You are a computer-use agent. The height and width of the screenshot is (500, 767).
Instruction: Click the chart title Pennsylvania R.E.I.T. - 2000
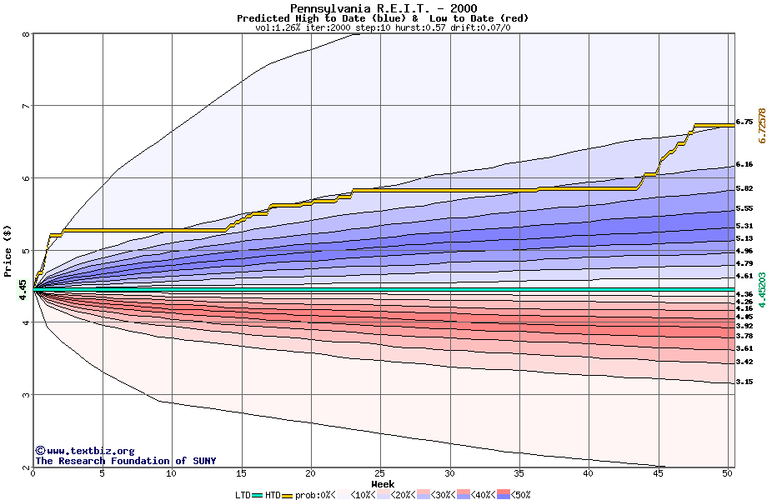(x=383, y=8)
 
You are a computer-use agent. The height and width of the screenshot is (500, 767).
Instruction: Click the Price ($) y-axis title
(x=8, y=251)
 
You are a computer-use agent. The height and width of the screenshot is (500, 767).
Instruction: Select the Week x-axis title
(x=383, y=483)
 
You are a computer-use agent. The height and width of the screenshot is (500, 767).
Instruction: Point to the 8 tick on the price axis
(x=26, y=34)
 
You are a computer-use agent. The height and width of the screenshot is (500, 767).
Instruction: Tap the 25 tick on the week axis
(x=380, y=474)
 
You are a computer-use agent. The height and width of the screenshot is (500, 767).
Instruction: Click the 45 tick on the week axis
(x=659, y=474)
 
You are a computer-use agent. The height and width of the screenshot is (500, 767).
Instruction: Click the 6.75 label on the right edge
(x=744, y=122)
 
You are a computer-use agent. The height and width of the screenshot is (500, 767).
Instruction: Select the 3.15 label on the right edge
(x=744, y=382)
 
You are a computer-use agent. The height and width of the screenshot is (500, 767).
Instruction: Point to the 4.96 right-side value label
(x=744, y=251)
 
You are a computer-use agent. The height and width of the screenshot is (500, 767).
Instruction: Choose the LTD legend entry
(x=243, y=494)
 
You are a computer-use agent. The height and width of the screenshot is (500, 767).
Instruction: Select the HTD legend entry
(x=273, y=494)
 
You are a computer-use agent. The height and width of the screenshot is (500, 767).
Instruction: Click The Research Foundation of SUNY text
(x=125, y=461)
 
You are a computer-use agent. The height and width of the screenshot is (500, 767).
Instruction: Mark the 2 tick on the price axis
(x=26, y=467)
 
